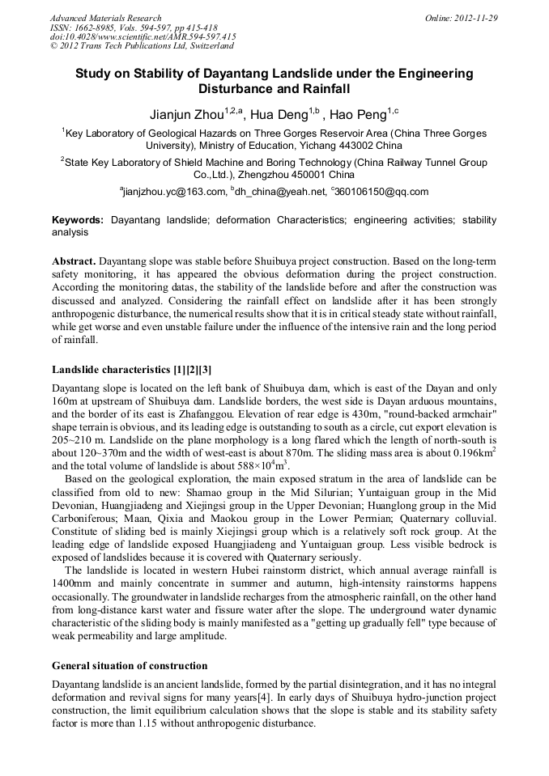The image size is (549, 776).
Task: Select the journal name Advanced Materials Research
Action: [105, 18]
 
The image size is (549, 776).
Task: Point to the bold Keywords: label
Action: [78, 220]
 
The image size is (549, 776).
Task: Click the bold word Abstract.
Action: [74, 262]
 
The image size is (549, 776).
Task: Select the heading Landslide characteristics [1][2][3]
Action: [132, 370]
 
